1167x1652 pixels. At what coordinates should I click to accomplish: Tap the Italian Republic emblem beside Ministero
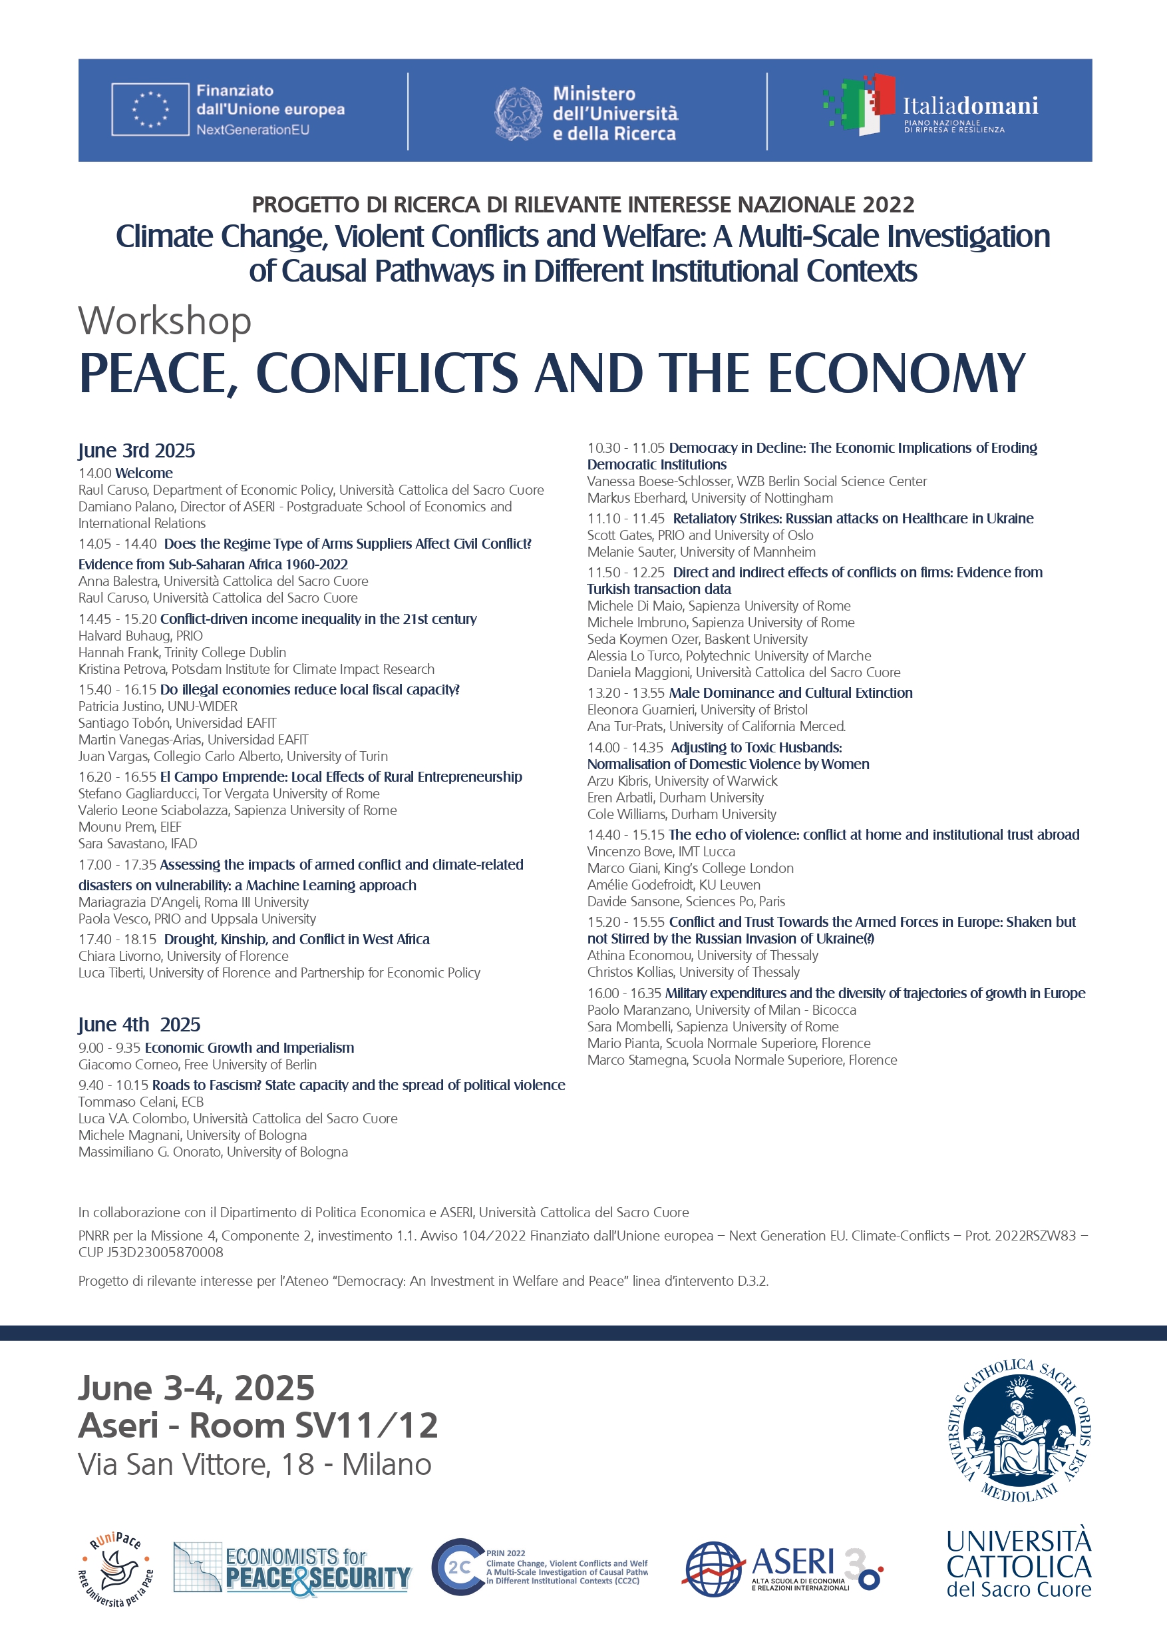(518, 113)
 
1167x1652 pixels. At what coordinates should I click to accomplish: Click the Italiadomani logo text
(970, 107)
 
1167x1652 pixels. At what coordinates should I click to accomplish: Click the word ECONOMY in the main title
(897, 374)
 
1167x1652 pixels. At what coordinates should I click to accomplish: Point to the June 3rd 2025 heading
(136, 450)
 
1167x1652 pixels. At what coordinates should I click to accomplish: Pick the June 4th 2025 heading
(139, 1025)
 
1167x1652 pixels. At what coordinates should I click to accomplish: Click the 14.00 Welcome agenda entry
(126, 473)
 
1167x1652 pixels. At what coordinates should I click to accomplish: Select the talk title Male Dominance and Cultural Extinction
(790, 692)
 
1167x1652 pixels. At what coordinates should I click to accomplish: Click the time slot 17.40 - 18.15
(117, 939)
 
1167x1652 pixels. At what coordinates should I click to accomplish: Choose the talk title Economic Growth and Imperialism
(249, 1047)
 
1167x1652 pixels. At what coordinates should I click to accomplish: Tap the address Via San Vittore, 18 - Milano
(255, 1464)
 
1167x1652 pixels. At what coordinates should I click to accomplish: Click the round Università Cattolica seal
(1019, 1430)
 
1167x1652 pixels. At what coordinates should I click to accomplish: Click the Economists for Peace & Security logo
(292, 1569)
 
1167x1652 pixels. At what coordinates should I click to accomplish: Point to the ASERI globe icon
(713, 1570)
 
